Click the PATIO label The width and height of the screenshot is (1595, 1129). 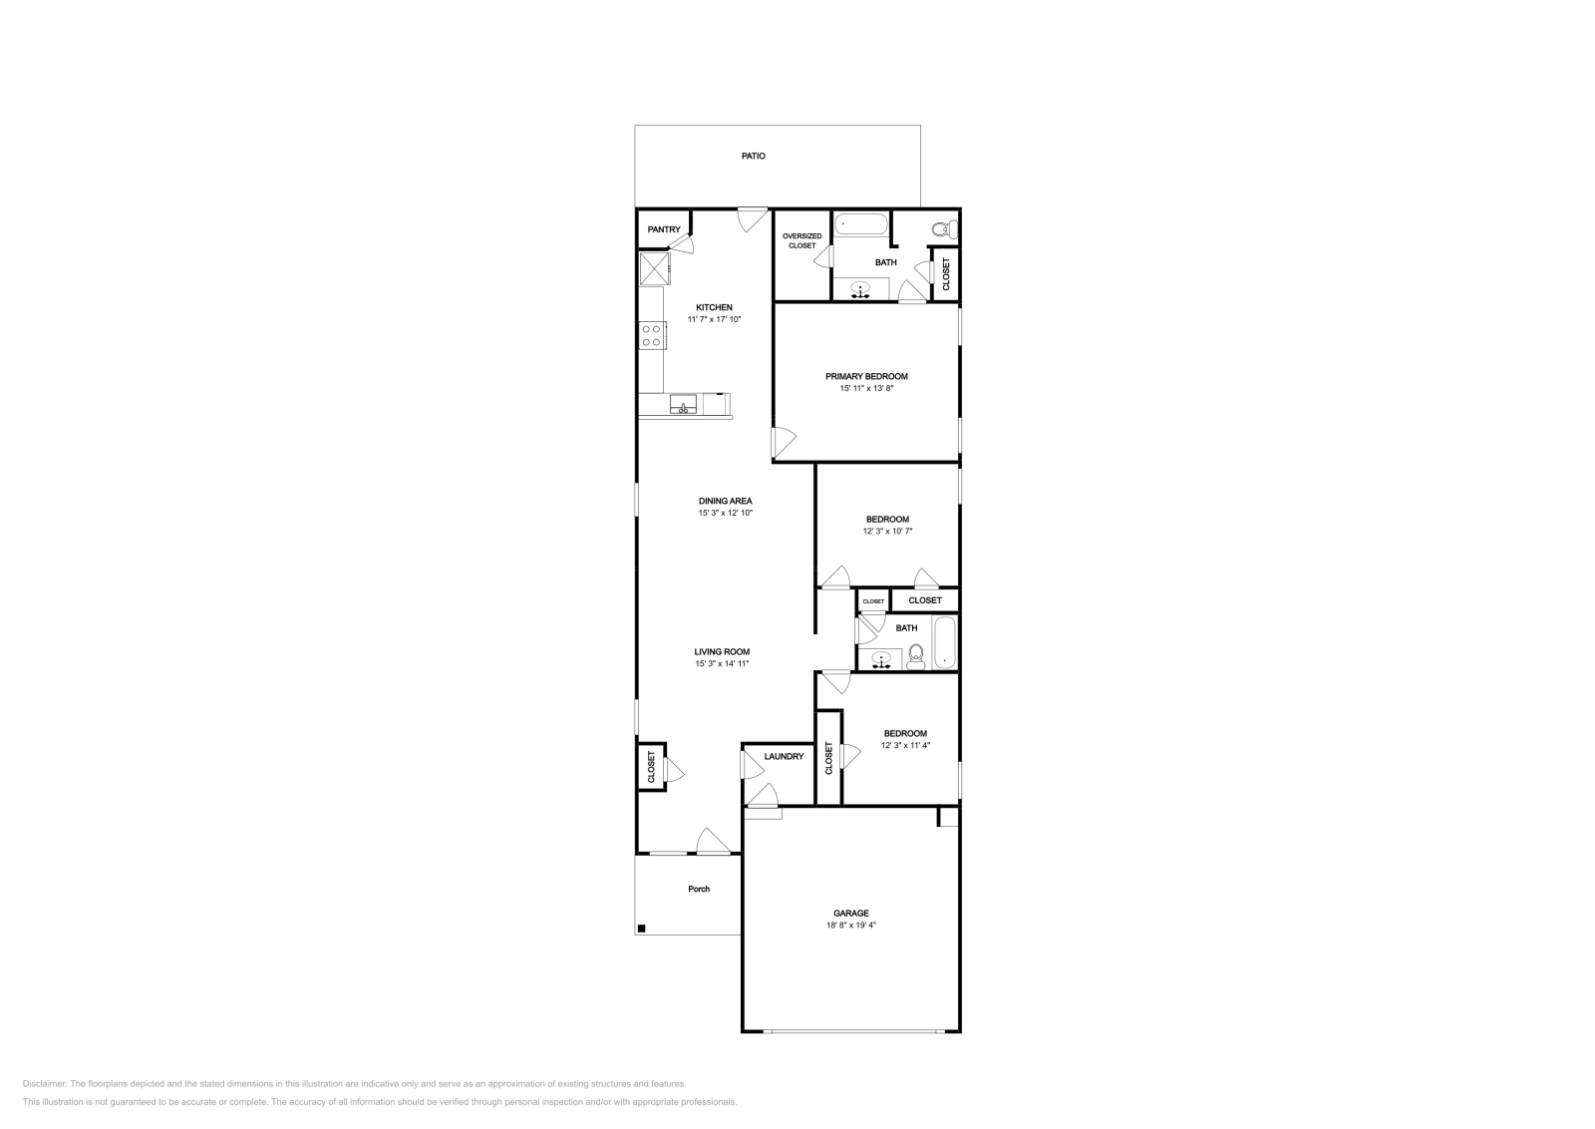click(754, 157)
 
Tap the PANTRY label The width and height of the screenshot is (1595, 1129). click(664, 230)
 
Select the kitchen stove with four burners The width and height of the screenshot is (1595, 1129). click(652, 335)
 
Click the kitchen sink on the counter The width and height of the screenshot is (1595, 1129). click(683, 404)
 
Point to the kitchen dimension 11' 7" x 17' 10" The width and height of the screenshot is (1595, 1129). click(714, 319)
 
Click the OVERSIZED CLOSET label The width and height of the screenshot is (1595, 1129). click(801, 240)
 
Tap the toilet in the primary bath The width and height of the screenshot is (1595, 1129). click(942, 229)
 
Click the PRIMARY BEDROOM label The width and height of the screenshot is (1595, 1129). click(866, 376)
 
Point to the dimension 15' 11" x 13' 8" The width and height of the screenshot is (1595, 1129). click(866, 389)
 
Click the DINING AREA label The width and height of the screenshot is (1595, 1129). click(725, 501)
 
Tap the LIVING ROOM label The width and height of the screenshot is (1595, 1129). click(722, 651)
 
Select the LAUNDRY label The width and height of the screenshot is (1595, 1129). click(784, 757)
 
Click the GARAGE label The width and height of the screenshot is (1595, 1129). click(851, 913)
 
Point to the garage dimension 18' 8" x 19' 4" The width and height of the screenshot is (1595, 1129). click(851, 926)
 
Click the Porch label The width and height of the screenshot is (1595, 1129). click(699, 889)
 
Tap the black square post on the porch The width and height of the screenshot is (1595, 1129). click(642, 929)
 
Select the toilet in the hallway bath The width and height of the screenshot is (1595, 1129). click(916, 655)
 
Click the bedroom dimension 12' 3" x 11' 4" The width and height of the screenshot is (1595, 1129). click(905, 746)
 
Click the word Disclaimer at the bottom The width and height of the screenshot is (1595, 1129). click(44, 1083)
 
